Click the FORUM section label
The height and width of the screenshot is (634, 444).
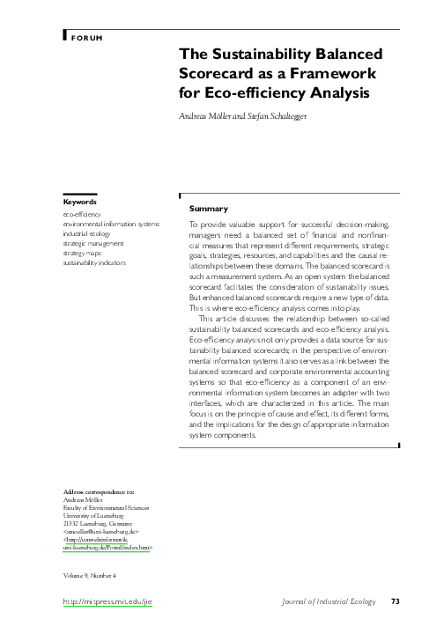(86, 40)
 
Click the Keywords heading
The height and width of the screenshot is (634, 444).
(80, 202)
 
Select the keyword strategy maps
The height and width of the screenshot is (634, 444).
(82, 253)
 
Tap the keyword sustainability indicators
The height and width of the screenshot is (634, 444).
(94, 262)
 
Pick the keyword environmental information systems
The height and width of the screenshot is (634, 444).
(111, 224)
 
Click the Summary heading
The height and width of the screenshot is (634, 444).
(209, 209)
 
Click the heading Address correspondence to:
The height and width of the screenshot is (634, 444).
(100, 490)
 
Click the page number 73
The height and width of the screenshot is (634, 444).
(396, 601)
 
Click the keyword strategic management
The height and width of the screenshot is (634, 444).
(93, 243)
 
